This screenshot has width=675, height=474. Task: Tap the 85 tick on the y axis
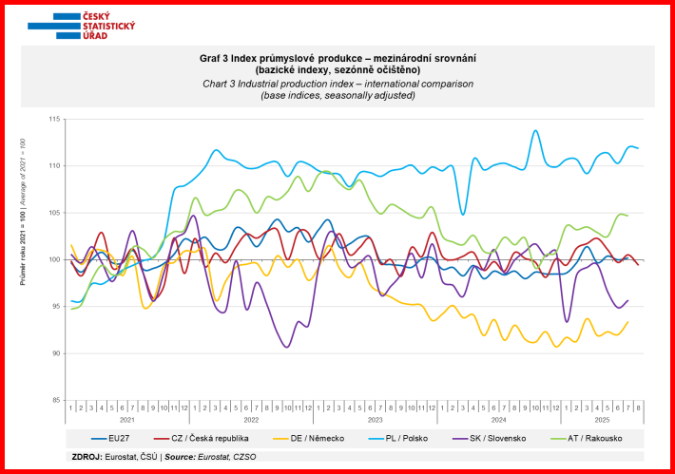point(55,400)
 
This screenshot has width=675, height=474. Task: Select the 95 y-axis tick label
point(55,306)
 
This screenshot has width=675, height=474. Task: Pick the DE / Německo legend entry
point(314,439)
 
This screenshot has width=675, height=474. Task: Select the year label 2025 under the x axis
point(600,418)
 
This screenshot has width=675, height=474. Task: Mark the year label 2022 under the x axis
point(251,418)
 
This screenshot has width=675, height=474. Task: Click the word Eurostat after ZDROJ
point(123,457)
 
